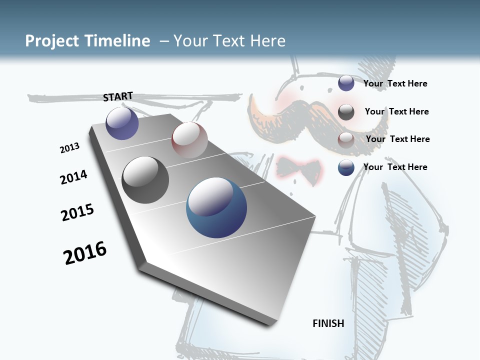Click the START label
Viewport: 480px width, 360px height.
tap(118, 96)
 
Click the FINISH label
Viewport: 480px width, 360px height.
tap(328, 323)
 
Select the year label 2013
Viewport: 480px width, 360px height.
tap(69, 148)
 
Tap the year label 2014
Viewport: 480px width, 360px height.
tap(73, 177)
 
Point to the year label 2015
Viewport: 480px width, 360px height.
tap(77, 212)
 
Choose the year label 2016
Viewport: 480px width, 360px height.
tap(85, 253)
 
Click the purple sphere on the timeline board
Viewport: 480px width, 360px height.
tap(122, 123)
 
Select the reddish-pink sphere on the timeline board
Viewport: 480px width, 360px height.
tap(189, 140)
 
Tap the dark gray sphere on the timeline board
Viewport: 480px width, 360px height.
tap(145, 180)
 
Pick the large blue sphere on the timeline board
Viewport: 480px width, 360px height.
tap(216, 207)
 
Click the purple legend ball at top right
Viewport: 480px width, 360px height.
tap(346, 83)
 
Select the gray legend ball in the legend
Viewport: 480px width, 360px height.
tap(346, 112)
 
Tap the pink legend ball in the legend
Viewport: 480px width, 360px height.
tap(346, 140)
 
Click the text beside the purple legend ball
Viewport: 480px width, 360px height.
tap(395, 83)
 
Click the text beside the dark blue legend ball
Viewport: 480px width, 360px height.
tap(395, 167)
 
